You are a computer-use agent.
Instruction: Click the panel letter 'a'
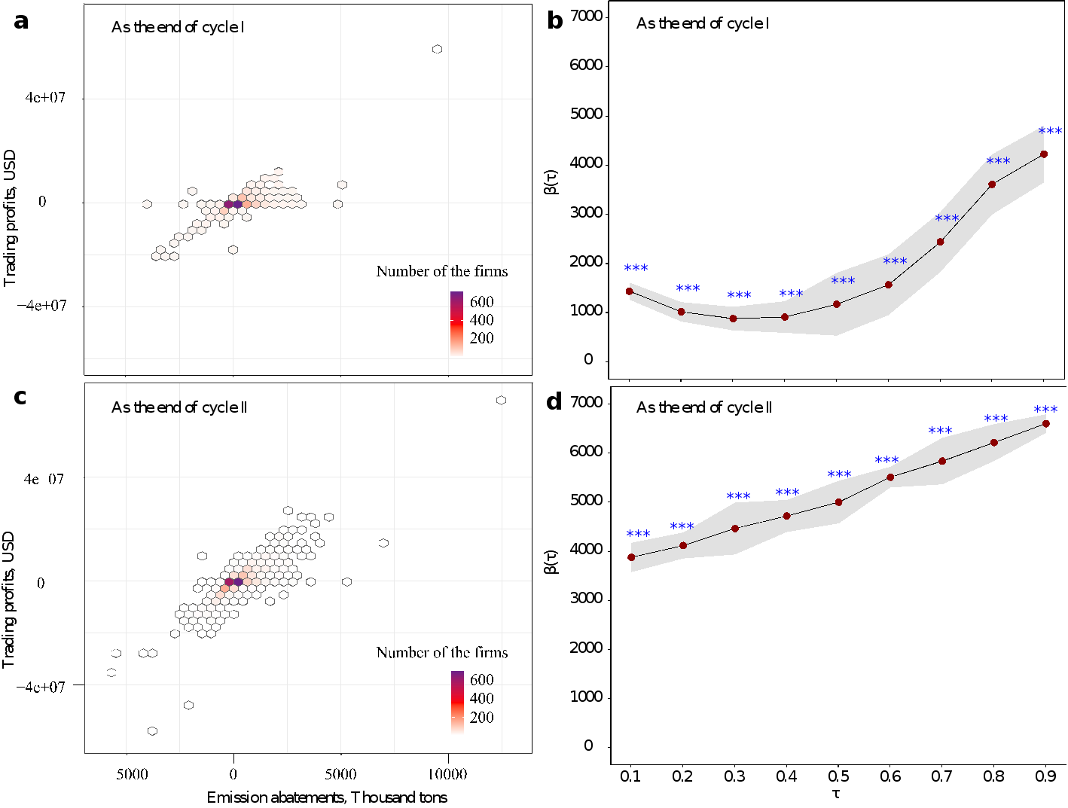tap(21, 23)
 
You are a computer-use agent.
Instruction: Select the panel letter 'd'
tap(554, 402)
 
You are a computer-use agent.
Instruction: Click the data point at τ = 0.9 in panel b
tap(1043, 154)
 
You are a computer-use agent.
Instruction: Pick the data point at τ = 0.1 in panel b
tap(629, 291)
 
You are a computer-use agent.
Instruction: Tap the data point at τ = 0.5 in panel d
tap(838, 502)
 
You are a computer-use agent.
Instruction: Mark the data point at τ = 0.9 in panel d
tap(1045, 424)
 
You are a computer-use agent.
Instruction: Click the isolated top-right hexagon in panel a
tap(437, 49)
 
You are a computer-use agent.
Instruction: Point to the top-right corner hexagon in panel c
tap(501, 401)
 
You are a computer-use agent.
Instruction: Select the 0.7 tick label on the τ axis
tap(941, 776)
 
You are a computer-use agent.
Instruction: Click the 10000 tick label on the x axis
tap(447, 774)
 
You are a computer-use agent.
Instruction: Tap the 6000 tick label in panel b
tap(586, 65)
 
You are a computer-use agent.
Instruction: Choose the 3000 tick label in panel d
tap(586, 599)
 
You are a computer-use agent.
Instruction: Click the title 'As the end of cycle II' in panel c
tap(179, 407)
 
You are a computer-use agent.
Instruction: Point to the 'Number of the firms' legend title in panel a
tap(442, 271)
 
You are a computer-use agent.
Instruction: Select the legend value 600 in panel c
tap(481, 679)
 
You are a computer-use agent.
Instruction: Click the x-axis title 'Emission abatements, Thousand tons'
tap(327, 797)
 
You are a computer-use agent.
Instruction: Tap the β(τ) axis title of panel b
tap(551, 182)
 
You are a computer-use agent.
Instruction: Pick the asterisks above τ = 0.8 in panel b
tap(998, 161)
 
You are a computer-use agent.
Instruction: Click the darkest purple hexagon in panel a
tap(237, 204)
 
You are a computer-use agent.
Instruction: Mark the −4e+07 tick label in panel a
tap(41, 306)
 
